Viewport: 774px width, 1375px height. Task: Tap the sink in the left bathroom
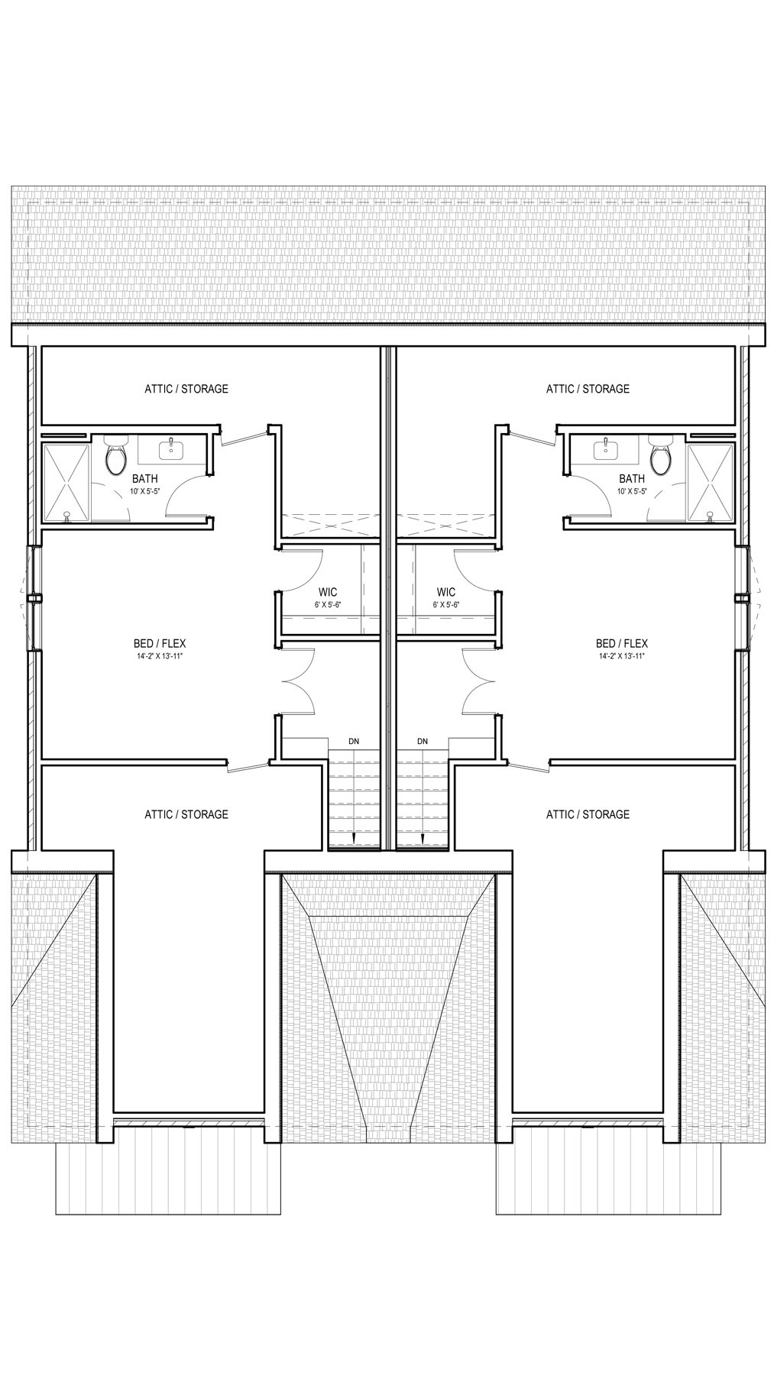(171, 448)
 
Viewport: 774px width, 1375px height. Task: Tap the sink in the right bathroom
(606, 448)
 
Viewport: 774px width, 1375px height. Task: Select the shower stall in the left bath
(66, 484)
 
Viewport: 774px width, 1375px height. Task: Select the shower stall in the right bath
(710, 484)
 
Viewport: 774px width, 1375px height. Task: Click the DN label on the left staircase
(354, 742)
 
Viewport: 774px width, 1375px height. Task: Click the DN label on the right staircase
(423, 742)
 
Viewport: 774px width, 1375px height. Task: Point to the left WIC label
(328, 592)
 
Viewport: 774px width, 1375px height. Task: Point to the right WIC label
(446, 592)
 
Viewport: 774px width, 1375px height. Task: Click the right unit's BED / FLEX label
(622, 643)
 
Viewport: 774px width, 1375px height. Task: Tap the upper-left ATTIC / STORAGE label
(186, 389)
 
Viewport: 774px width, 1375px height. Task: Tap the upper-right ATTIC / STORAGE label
(588, 389)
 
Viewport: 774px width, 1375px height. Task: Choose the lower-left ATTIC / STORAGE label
(186, 814)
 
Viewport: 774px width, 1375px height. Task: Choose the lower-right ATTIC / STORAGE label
(588, 814)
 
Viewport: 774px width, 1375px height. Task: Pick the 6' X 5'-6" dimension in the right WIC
(446, 604)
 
